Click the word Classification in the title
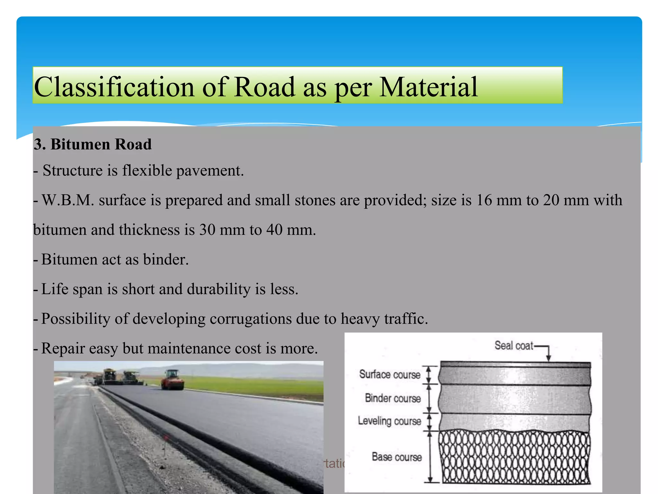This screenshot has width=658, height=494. click(114, 87)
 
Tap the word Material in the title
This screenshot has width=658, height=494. click(429, 87)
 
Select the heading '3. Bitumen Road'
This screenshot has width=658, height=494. click(93, 144)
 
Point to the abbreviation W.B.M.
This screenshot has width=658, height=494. click(68, 200)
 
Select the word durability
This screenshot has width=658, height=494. click(218, 289)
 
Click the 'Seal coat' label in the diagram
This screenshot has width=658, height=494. click(513, 345)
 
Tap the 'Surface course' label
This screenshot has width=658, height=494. click(389, 374)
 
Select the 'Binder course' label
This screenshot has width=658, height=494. click(393, 398)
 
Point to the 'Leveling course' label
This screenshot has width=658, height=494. click(389, 421)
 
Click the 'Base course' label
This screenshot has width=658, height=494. click(396, 457)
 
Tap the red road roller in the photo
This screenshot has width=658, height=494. click(173, 380)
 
